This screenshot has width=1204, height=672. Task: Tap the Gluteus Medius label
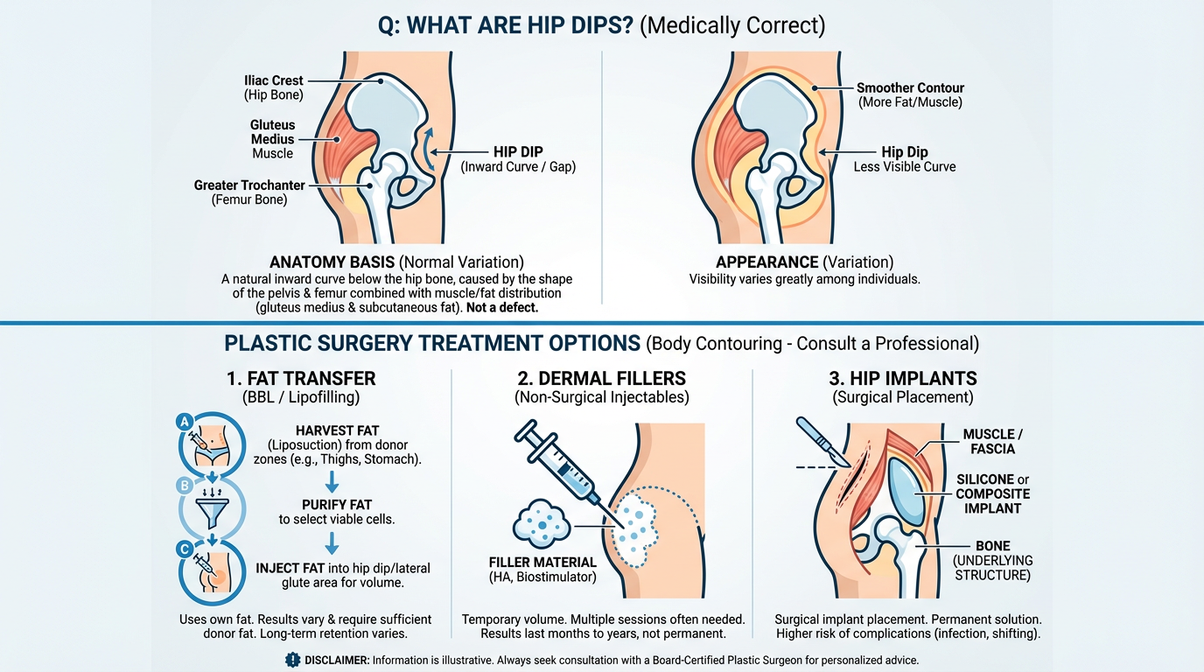pos(272,139)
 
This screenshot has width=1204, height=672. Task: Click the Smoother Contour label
pos(910,87)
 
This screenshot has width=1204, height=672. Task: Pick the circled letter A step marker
pos(184,421)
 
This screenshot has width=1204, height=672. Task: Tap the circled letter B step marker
pos(184,485)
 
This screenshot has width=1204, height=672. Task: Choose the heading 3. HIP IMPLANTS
pos(902,379)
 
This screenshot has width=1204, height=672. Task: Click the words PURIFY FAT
pos(337,505)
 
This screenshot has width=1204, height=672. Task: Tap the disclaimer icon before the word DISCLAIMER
pos(292,660)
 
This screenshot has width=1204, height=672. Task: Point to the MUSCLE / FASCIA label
pos(989,442)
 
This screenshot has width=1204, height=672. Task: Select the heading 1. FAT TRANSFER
pos(301,379)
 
